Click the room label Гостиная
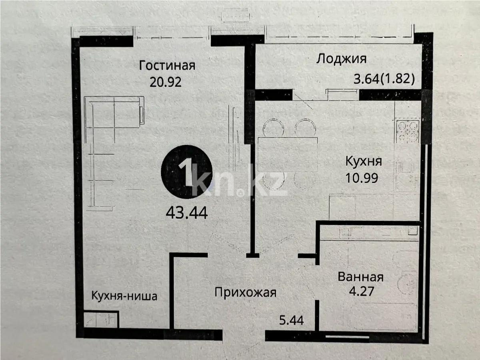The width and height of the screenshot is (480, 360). pyautogui.click(x=167, y=65)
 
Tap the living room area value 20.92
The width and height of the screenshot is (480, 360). pyautogui.click(x=166, y=82)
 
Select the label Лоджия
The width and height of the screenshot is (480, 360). pyautogui.click(x=341, y=59)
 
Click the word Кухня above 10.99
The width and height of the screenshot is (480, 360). pyautogui.click(x=364, y=161)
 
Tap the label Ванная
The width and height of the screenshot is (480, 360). pyautogui.click(x=360, y=277)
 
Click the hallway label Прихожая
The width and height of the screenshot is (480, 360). pyautogui.click(x=245, y=292)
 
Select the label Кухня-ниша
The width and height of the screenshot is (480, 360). pyautogui.click(x=124, y=296)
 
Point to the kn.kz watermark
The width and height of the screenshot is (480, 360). pyautogui.click(x=240, y=184)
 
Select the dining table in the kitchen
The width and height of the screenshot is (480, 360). pyautogui.click(x=288, y=154)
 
